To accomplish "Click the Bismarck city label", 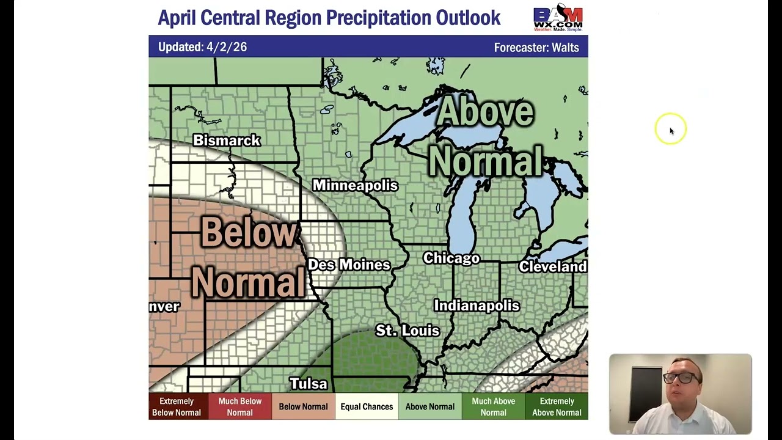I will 227,141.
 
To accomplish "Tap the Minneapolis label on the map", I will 355,185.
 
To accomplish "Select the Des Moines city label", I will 349,265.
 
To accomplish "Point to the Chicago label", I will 451,258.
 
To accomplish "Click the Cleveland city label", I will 552,266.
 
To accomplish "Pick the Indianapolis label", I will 477,306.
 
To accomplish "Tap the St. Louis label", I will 407,331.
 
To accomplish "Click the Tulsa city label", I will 309,384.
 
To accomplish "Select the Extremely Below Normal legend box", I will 177,406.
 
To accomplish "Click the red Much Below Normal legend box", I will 239,406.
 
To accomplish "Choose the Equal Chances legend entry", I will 367,406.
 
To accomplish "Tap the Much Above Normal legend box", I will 493,406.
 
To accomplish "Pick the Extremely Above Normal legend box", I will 557,406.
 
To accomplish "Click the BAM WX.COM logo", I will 558,18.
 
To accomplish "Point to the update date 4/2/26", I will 227,47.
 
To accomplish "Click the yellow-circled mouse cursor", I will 670,130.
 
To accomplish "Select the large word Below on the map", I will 248,233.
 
